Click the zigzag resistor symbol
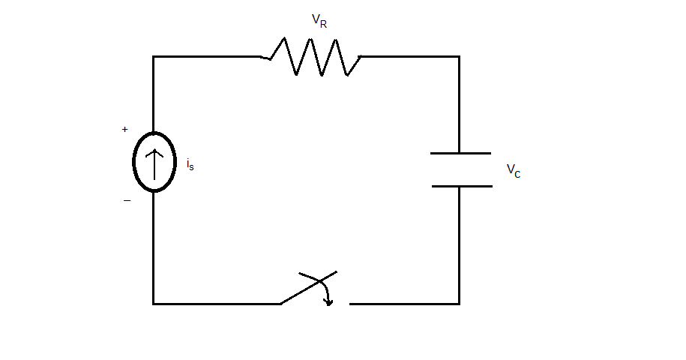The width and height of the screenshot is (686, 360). pos(315,57)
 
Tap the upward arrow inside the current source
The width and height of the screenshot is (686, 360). pos(154,164)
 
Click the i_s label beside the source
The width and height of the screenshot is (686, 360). pos(190,164)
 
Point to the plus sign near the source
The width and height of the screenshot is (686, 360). pos(124,129)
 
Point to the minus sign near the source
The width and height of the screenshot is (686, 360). pos(127,200)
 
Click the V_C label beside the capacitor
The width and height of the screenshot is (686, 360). pos(514,170)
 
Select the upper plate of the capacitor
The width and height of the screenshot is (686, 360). pos(460,153)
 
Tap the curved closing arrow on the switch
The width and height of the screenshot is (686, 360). pos(326,294)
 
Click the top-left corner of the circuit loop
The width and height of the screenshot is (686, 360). pos(154,56)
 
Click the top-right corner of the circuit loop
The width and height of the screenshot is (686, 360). pos(459,56)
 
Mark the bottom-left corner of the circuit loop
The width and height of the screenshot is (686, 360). pos(154,304)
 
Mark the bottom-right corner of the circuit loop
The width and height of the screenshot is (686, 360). pos(459,304)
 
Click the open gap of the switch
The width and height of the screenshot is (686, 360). pos(343,304)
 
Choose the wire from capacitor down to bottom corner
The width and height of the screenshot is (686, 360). pos(459,244)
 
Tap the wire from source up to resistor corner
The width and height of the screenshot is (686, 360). pos(154,94)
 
